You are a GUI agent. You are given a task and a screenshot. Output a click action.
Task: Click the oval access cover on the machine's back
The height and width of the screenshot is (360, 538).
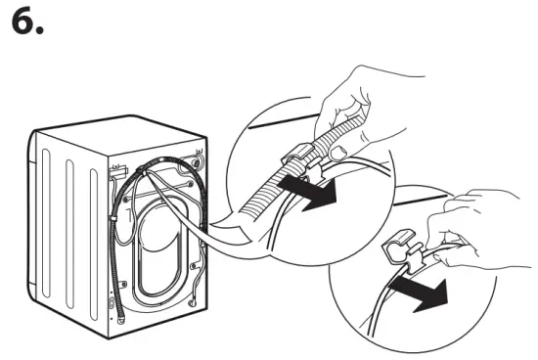161,245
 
